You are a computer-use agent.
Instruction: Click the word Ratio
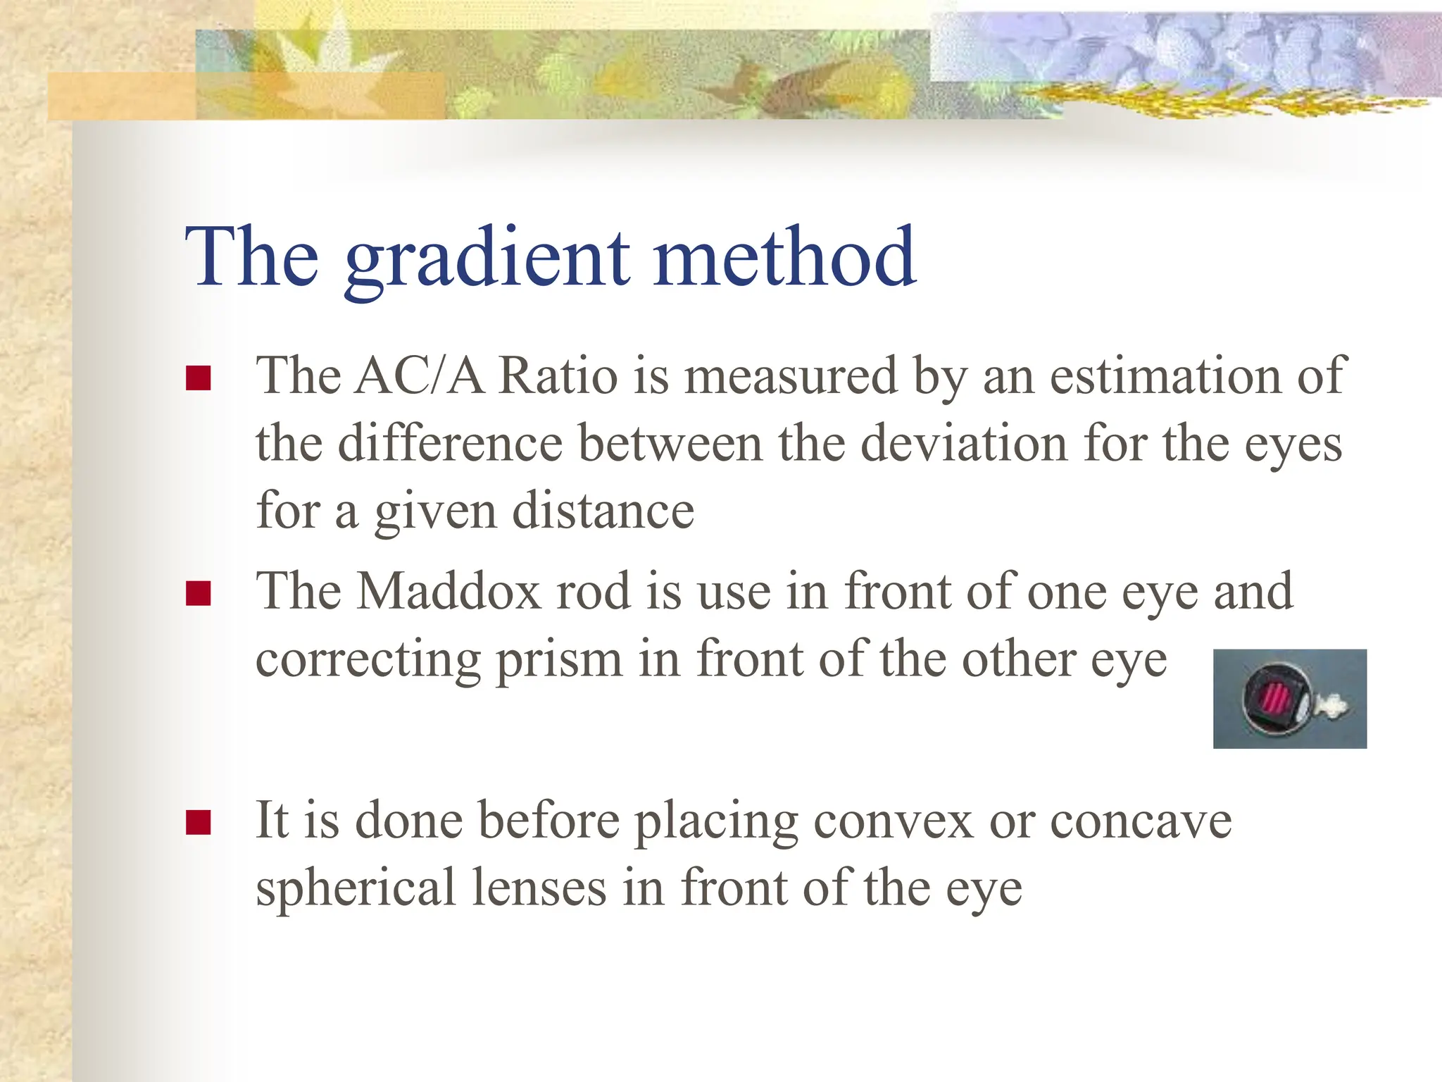pos(558,376)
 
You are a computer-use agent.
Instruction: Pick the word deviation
pos(964,444)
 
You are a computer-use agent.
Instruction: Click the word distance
pos(603,511)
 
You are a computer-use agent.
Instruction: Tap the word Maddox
pos(449,591)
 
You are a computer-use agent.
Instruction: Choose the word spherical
pos(356,889)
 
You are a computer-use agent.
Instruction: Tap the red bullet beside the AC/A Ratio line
pos(199,378)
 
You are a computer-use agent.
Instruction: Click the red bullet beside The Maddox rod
pos(199,593)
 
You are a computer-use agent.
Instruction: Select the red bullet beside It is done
pos(199,822)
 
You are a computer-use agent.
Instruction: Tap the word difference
pos(450,444)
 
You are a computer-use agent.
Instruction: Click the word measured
pos(791,376)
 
